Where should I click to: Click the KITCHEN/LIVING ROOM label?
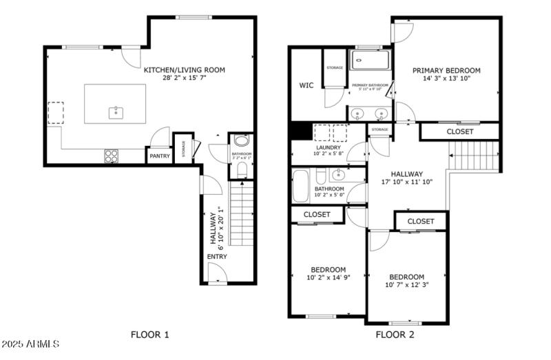[x=184, y=70]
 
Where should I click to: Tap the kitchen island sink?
[x=115, y=112]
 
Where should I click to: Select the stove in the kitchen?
[x=111, y=156]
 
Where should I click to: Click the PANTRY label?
[x=159, y=156]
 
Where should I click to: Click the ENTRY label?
[x=217, y=257]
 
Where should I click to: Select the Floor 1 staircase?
[x=242, y=213]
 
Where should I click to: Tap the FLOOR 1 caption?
[x=149, y=335]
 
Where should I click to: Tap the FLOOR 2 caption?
[x=394, y=335]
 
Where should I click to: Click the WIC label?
[x=306, y=86]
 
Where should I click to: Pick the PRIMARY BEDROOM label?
[x=446, y=70]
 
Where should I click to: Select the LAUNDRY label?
[x=329, y=147]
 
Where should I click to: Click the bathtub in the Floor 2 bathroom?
[x=302, y=185]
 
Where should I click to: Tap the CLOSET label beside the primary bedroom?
[x=459, y=131]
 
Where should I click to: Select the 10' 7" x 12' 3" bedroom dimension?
[x=405, y=285]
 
